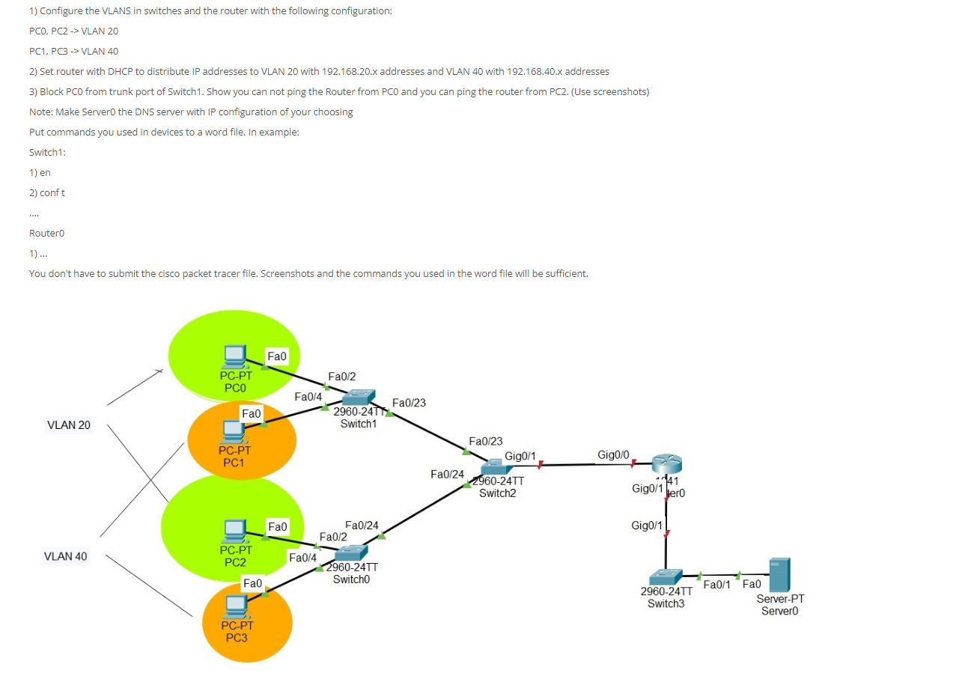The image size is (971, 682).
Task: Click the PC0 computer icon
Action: (235, 356)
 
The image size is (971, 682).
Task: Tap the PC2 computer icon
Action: (235, 530)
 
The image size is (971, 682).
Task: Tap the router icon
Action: (666, 464)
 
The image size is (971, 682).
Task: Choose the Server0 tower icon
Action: (779, 574)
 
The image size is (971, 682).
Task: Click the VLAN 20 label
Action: (69, 425)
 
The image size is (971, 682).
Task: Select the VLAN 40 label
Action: (66, 556)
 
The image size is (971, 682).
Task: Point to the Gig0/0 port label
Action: (613, 454)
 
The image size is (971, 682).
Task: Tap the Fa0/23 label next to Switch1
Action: (409, 403)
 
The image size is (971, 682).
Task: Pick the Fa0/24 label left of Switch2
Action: (447, 474)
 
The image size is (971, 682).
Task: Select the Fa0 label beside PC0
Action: (277, 357)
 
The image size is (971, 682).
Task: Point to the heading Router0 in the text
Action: (46, 233)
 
